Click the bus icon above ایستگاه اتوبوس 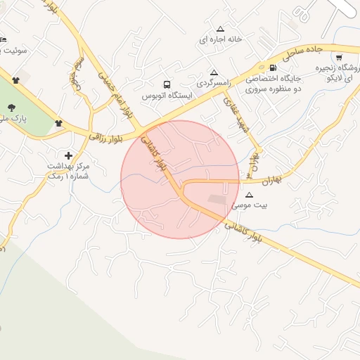coord(166,84)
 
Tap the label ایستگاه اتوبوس coord(167,95)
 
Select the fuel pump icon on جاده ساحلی coord(273,67)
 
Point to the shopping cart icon coord(339,58)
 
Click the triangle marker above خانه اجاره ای coord(221,30)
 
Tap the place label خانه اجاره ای coord(220,39)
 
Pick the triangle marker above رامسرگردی coord(214,73)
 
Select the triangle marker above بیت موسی coord(250,195)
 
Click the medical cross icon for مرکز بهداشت coord(68,155)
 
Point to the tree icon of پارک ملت coord(11,108)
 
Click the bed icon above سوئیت coord(2,39)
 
